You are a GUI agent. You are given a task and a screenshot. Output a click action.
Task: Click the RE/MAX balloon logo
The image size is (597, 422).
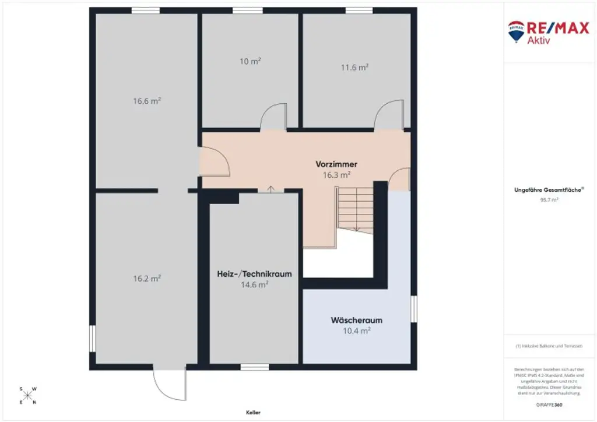point(516,33)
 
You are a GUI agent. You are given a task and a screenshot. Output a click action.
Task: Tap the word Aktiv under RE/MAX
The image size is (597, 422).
point(539,40)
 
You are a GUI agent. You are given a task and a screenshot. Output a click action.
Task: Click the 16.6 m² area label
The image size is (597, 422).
point(147,101)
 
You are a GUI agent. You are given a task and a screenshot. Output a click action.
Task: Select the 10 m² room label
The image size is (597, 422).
point(250,61)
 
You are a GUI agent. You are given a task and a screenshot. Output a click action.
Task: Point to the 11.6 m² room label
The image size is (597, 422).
point(354,68)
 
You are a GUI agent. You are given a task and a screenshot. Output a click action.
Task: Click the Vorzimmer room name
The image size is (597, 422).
point(336,164)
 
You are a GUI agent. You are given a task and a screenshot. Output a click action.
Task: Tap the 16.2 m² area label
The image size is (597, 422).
point(147,279)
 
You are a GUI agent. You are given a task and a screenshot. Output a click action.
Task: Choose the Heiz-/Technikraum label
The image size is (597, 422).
point(254,273)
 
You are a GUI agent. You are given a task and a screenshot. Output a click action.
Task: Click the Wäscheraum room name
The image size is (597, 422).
point(356,320)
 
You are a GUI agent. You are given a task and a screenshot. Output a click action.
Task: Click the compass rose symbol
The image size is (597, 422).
point(27,395)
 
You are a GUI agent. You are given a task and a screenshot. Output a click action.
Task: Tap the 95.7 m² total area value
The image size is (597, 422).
point(549,199)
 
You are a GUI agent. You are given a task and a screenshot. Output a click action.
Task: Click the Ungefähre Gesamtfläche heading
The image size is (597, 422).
point(549,190)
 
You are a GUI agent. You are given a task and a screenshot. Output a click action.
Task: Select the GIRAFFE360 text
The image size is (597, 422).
point(549,404)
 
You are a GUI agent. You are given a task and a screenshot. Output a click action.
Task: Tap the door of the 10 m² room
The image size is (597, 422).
point(273,117)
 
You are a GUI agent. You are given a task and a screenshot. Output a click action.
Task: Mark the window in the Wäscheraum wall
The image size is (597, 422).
point(413,309)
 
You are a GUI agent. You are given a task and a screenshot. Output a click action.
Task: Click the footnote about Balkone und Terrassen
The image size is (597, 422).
point(549,346)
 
